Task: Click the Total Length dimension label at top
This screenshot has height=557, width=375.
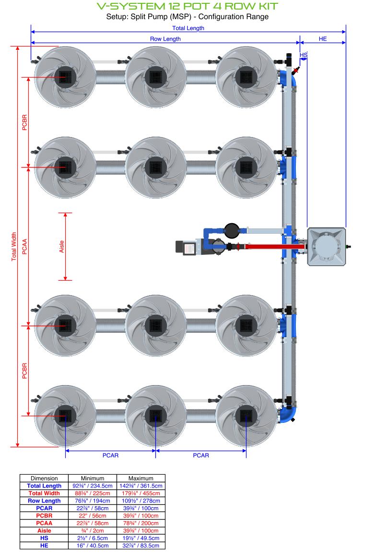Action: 188,28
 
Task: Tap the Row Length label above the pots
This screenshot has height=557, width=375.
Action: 165,39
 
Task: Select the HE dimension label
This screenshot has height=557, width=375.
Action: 323,39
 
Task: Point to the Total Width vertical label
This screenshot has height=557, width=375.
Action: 14,247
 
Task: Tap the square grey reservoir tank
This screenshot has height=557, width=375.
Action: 326,246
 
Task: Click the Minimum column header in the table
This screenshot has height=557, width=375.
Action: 93,478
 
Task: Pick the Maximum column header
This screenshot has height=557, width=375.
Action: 141,478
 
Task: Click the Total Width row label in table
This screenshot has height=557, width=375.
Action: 44,493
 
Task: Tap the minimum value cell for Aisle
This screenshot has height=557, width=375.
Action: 93,530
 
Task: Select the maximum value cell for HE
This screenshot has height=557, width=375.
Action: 141,545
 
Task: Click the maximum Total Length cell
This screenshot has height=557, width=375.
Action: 141,486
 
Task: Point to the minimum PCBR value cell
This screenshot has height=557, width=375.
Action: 93,515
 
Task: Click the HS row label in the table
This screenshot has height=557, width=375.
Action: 44,538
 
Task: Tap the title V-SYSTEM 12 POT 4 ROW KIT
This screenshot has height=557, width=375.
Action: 187,6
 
